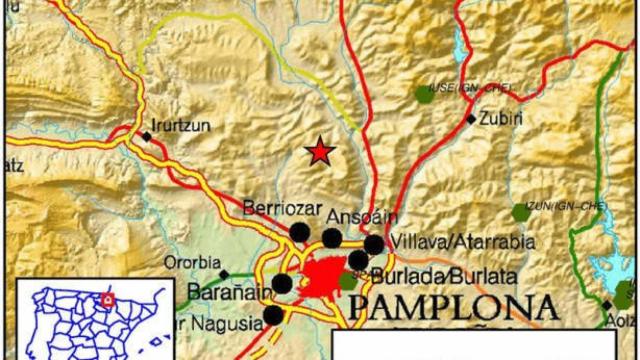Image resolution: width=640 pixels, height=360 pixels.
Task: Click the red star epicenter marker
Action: [x=320, y=151]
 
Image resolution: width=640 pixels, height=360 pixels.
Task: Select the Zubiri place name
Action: [x=500, y=118]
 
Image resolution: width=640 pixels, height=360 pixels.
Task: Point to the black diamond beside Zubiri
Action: [x=471, y=118]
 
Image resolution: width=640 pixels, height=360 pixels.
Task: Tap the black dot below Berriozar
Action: [x=299, y=232]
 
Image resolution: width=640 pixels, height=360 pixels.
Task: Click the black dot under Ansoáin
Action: [x=331, y=238]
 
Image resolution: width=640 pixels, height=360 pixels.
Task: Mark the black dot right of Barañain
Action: [x=283, y=284]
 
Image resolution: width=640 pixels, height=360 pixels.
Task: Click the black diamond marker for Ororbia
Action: [x=224, y=273]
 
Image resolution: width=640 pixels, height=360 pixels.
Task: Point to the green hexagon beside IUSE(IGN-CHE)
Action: [x=422, y=95]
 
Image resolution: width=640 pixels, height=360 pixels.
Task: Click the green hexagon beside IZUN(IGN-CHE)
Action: [x=521, y=212]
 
